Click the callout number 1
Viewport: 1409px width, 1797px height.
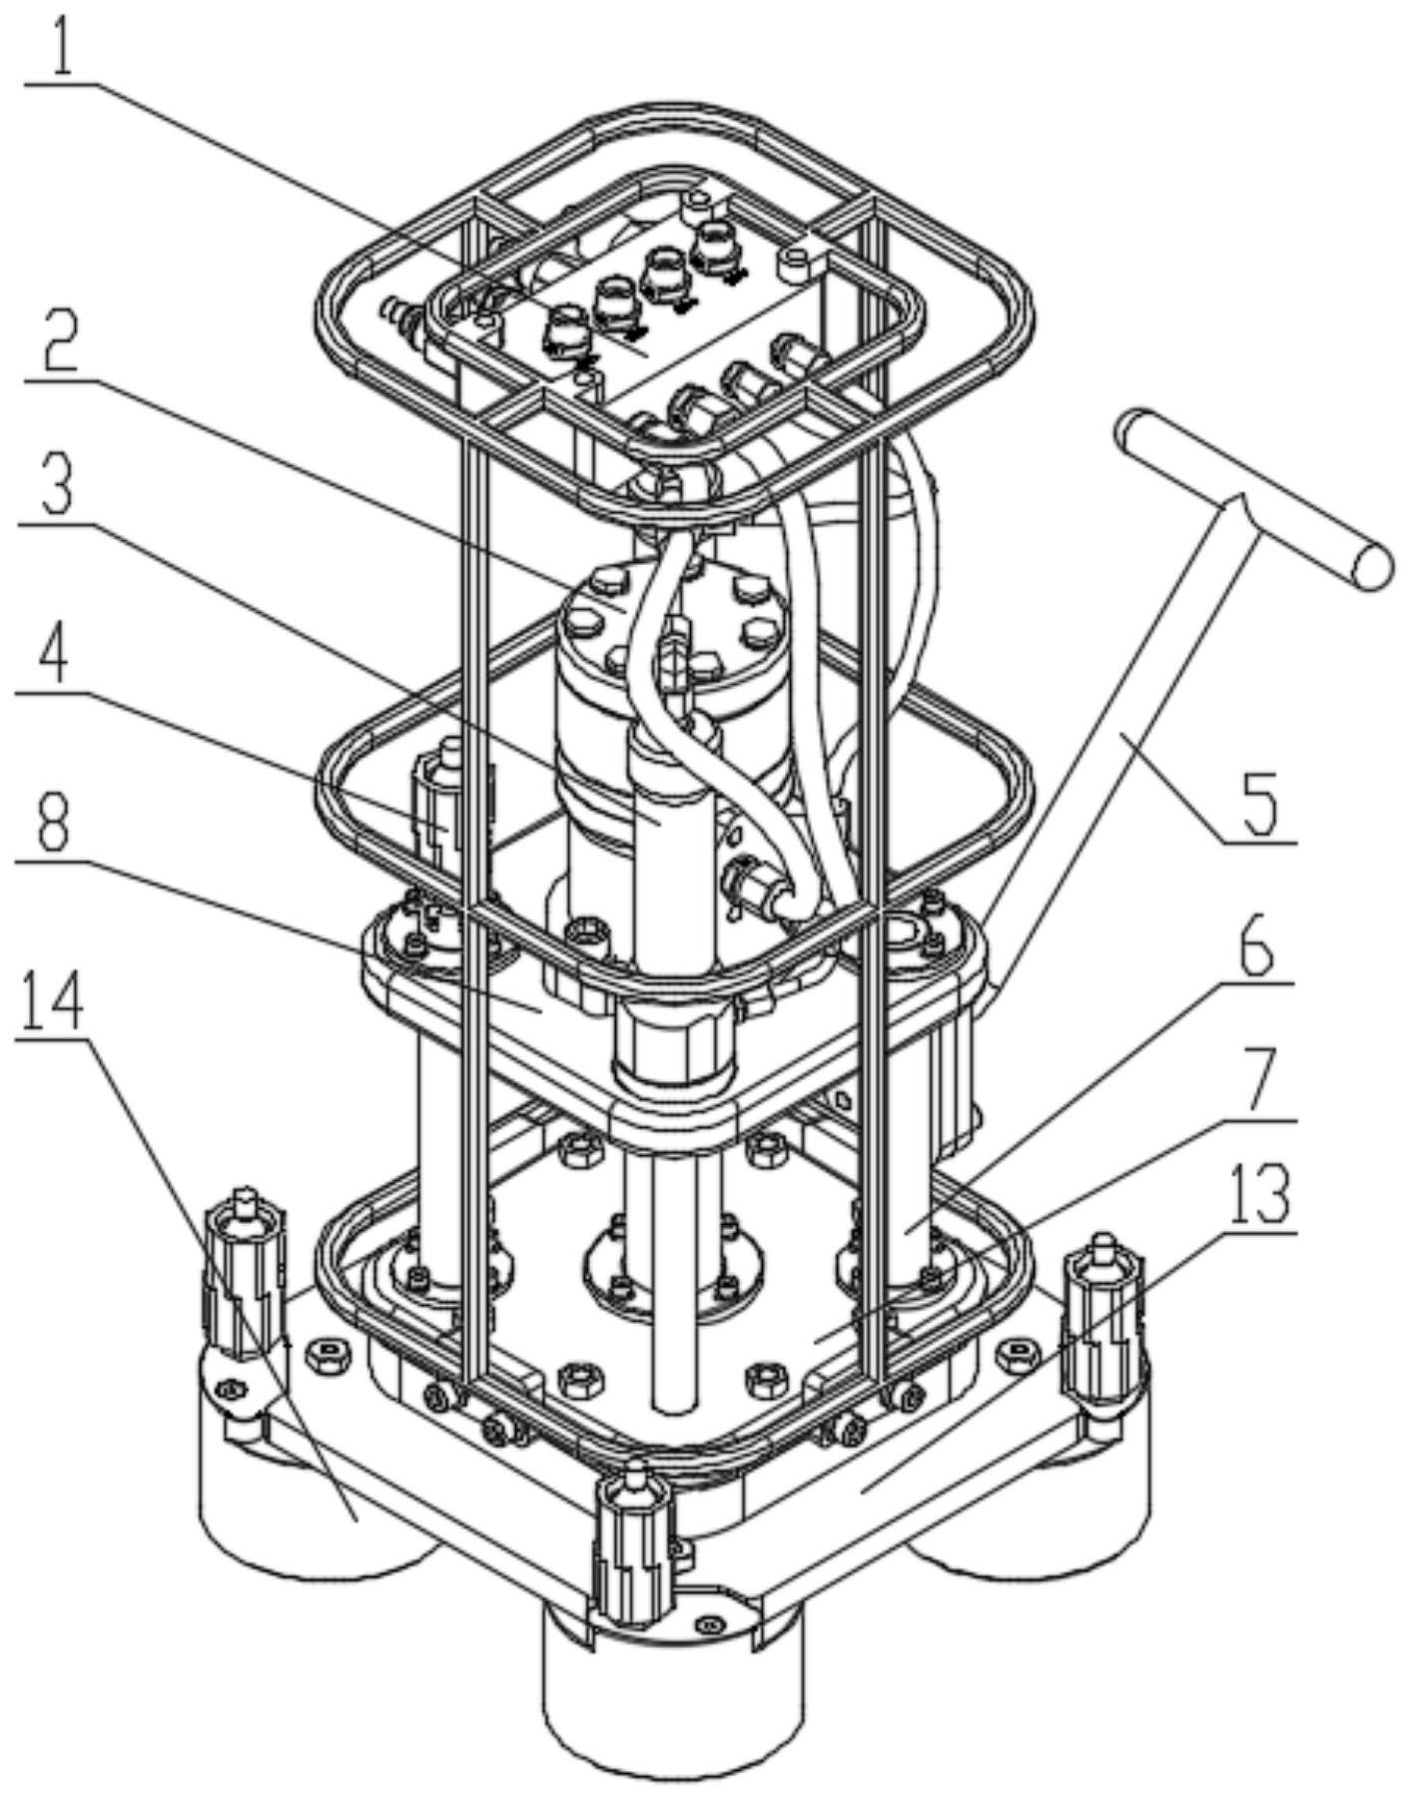(62, 47)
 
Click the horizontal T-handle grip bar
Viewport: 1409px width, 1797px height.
(1252, 499)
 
